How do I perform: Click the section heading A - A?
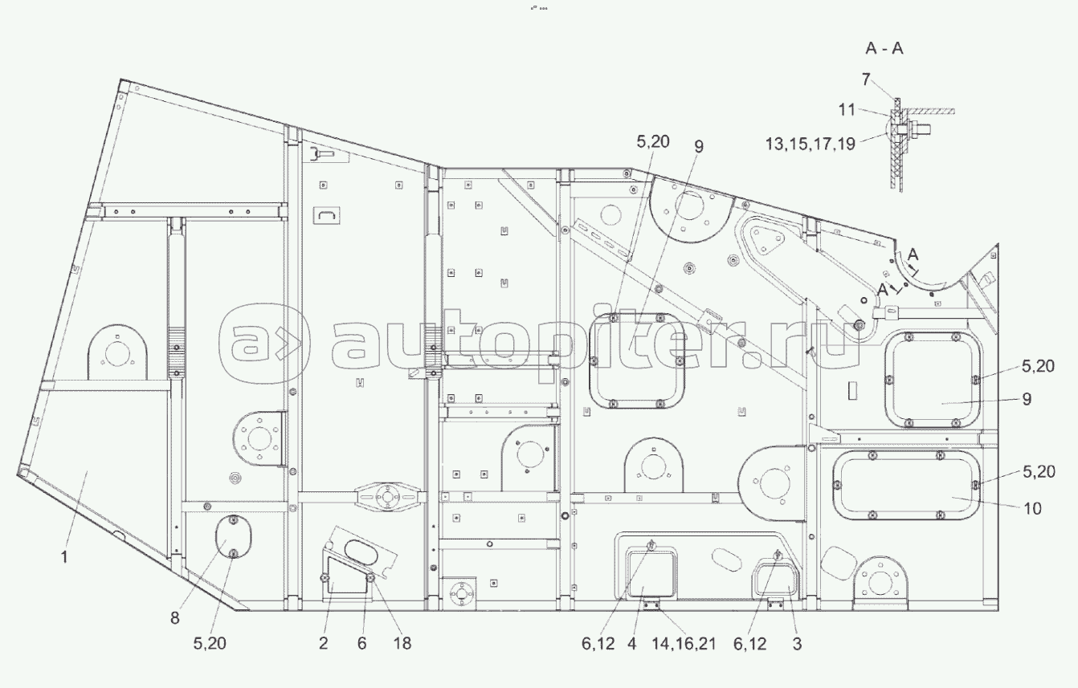[884, 49]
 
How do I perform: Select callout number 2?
[323, 643]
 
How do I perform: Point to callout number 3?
[797, 643]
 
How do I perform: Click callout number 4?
[632, 643]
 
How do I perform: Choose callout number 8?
[175, 619]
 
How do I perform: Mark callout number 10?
[1032, 508]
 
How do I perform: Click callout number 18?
[402, 643]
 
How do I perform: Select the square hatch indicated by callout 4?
[650, 572]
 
